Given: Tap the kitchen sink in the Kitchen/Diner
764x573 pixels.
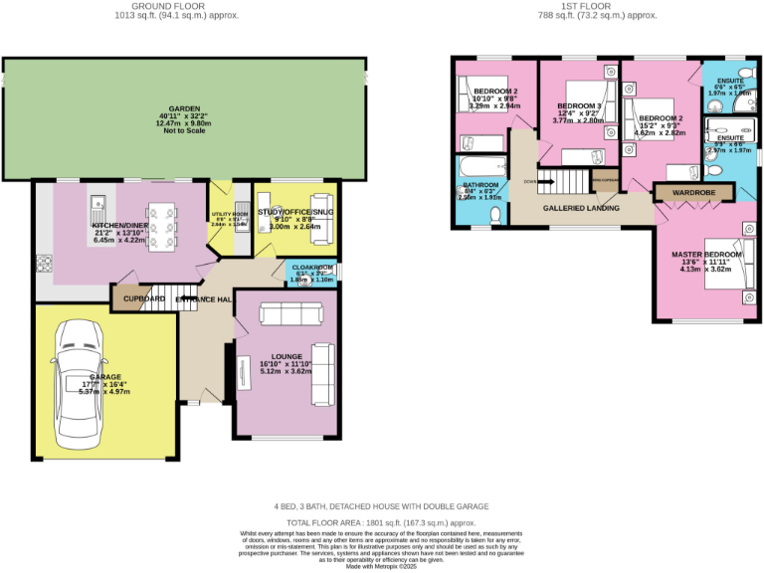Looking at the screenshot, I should pyautogui.click(x=98, y=209).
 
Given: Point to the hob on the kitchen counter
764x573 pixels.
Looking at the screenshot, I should pyautogui.click(x=44, y=264).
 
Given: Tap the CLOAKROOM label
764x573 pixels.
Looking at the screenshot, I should pyautogui.click(x=312, y=267).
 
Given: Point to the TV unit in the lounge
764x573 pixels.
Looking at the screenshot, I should pyautogui.click(x=243, y=374).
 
